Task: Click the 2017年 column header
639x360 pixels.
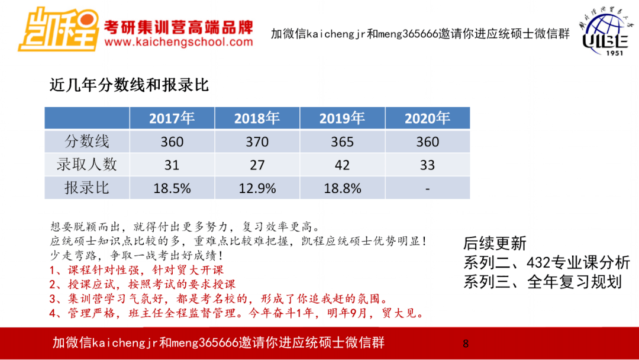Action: tap(172, 118)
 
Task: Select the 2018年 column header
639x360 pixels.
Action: tap(257, 118)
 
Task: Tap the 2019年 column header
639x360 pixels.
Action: tap(342, 118)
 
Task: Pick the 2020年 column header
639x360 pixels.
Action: tap(427, 118)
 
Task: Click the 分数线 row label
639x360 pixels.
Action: tap(87, 142)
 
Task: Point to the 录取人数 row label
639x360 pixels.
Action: tap(87, 165)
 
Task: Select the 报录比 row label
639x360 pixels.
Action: tap(87, 188)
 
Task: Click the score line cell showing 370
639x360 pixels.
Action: tap(257, 142)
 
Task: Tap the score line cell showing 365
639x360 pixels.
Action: tap(342, 142)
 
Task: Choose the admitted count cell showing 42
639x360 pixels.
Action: tap(342, 165)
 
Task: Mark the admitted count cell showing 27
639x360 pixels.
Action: tap(257, 165)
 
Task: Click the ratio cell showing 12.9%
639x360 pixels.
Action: tap(257, 188)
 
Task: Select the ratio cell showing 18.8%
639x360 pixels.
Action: tap(342, 188)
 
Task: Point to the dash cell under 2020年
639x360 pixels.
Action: tap(427, 188)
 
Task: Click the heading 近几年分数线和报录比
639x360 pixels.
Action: tap(129, 85)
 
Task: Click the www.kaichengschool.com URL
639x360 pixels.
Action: tap(178, 42)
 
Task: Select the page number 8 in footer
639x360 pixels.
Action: tap(466, 343)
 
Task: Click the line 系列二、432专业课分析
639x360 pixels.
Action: tap(546, 262)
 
